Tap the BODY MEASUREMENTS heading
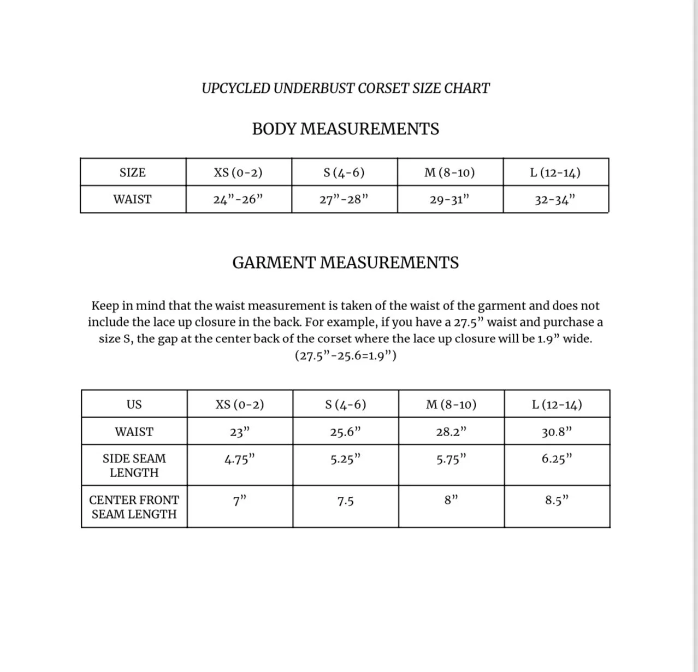tap(345, 129)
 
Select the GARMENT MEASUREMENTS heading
tap(345, 263)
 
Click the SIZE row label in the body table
tap(133, 173)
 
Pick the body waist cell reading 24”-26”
tap(238, 199)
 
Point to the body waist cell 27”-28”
tap(344, 199)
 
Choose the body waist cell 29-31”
tap(449, 199)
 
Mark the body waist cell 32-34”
tap(555, 199)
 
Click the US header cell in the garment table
tap(134, 405)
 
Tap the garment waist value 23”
tap(240, 432)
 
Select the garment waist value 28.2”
tap(451, 432)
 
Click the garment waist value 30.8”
tap(557, 432)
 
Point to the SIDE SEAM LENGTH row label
tap(134, 466)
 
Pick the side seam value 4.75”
tap(240, 459)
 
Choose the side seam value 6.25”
tap(557, 459)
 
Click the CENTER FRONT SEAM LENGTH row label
tap(134, 507)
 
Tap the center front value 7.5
tap(345, 501)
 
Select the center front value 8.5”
tap(557, 501)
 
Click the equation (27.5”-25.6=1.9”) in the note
tap(345, 355)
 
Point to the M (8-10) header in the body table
tap(449, 173)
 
